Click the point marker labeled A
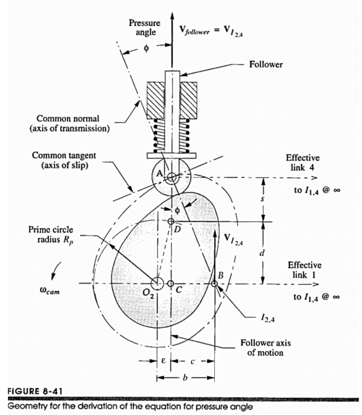pyautogui.click(x=172, y=177)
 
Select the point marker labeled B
pyautogui.click(x=214, y=284)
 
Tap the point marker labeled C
pyautogui.click(x=171, y=284)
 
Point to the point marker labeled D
pyautogui.click(x=171, y=221)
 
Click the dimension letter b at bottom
pyautogui.click(x=186, y=377)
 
